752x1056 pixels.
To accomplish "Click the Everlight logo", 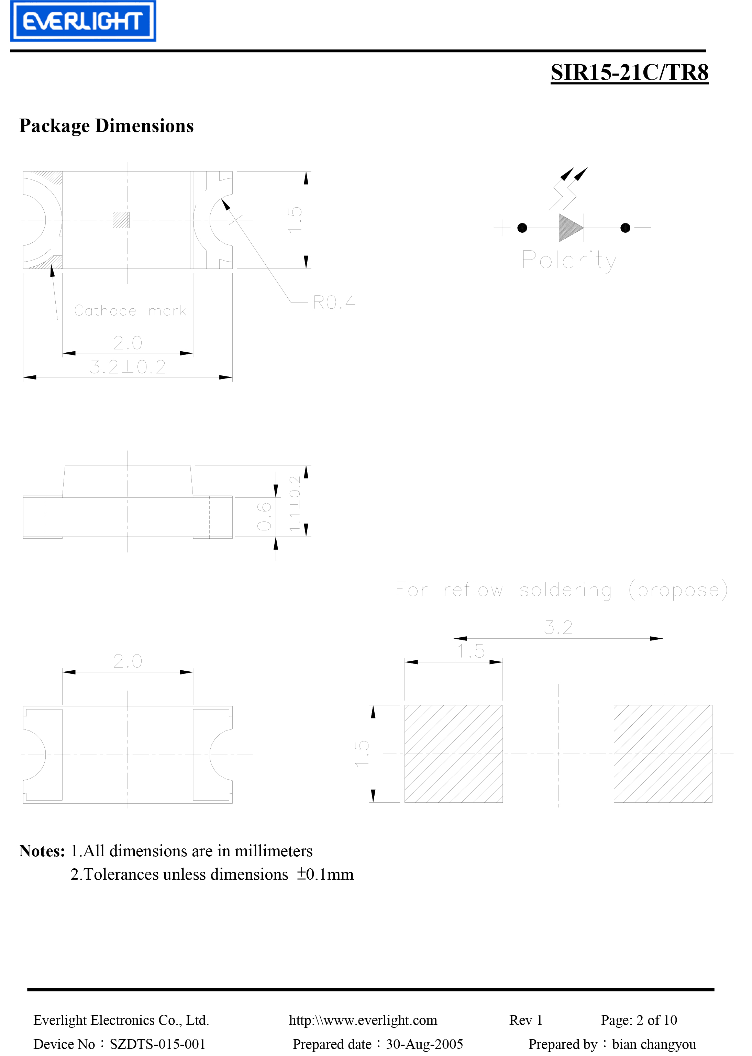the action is point(84,21).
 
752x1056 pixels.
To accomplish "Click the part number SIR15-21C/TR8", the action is point(629,73).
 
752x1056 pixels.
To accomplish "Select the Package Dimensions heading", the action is point(107,126).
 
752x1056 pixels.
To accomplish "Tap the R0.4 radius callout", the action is point(334,302).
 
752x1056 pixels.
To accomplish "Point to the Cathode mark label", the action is point(130,310).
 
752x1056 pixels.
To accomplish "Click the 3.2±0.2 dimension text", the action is point(128,367).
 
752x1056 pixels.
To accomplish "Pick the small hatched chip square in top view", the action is point(121,220).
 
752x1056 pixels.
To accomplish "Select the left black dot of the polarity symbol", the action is point(522,228).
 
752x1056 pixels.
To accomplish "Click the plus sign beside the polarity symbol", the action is point(502,228).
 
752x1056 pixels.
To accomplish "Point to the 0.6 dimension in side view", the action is point(264,516).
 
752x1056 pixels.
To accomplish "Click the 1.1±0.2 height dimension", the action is point(295,504).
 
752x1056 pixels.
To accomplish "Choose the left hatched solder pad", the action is point(453,753).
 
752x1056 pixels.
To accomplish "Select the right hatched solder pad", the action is point(663,753).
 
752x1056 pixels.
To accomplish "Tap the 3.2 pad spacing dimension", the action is point(559,628).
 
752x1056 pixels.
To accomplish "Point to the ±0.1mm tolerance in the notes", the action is point(325,874).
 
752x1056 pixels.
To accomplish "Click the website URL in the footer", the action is point(363,1020).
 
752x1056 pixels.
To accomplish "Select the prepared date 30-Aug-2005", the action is point(424,1044).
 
